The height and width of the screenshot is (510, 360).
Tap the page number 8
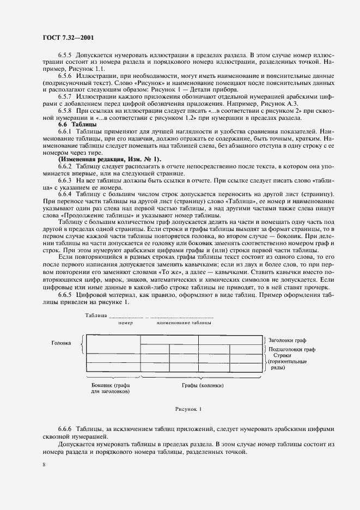coord(44,464)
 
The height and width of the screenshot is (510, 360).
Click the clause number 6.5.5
coord(66,56)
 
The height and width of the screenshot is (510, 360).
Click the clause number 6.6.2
coord(66,166)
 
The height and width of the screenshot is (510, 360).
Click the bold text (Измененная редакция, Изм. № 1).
coord(109,159)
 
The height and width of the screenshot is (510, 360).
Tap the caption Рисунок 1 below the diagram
coord(188,408)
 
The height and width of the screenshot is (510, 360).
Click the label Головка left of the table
coord(62,343)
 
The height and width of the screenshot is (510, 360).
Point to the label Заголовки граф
coord(288,339)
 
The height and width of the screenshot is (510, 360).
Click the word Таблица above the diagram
coord(96,315)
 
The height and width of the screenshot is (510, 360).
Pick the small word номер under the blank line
coord(125,323)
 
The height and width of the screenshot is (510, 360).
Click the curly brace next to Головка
coord(82,344)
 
